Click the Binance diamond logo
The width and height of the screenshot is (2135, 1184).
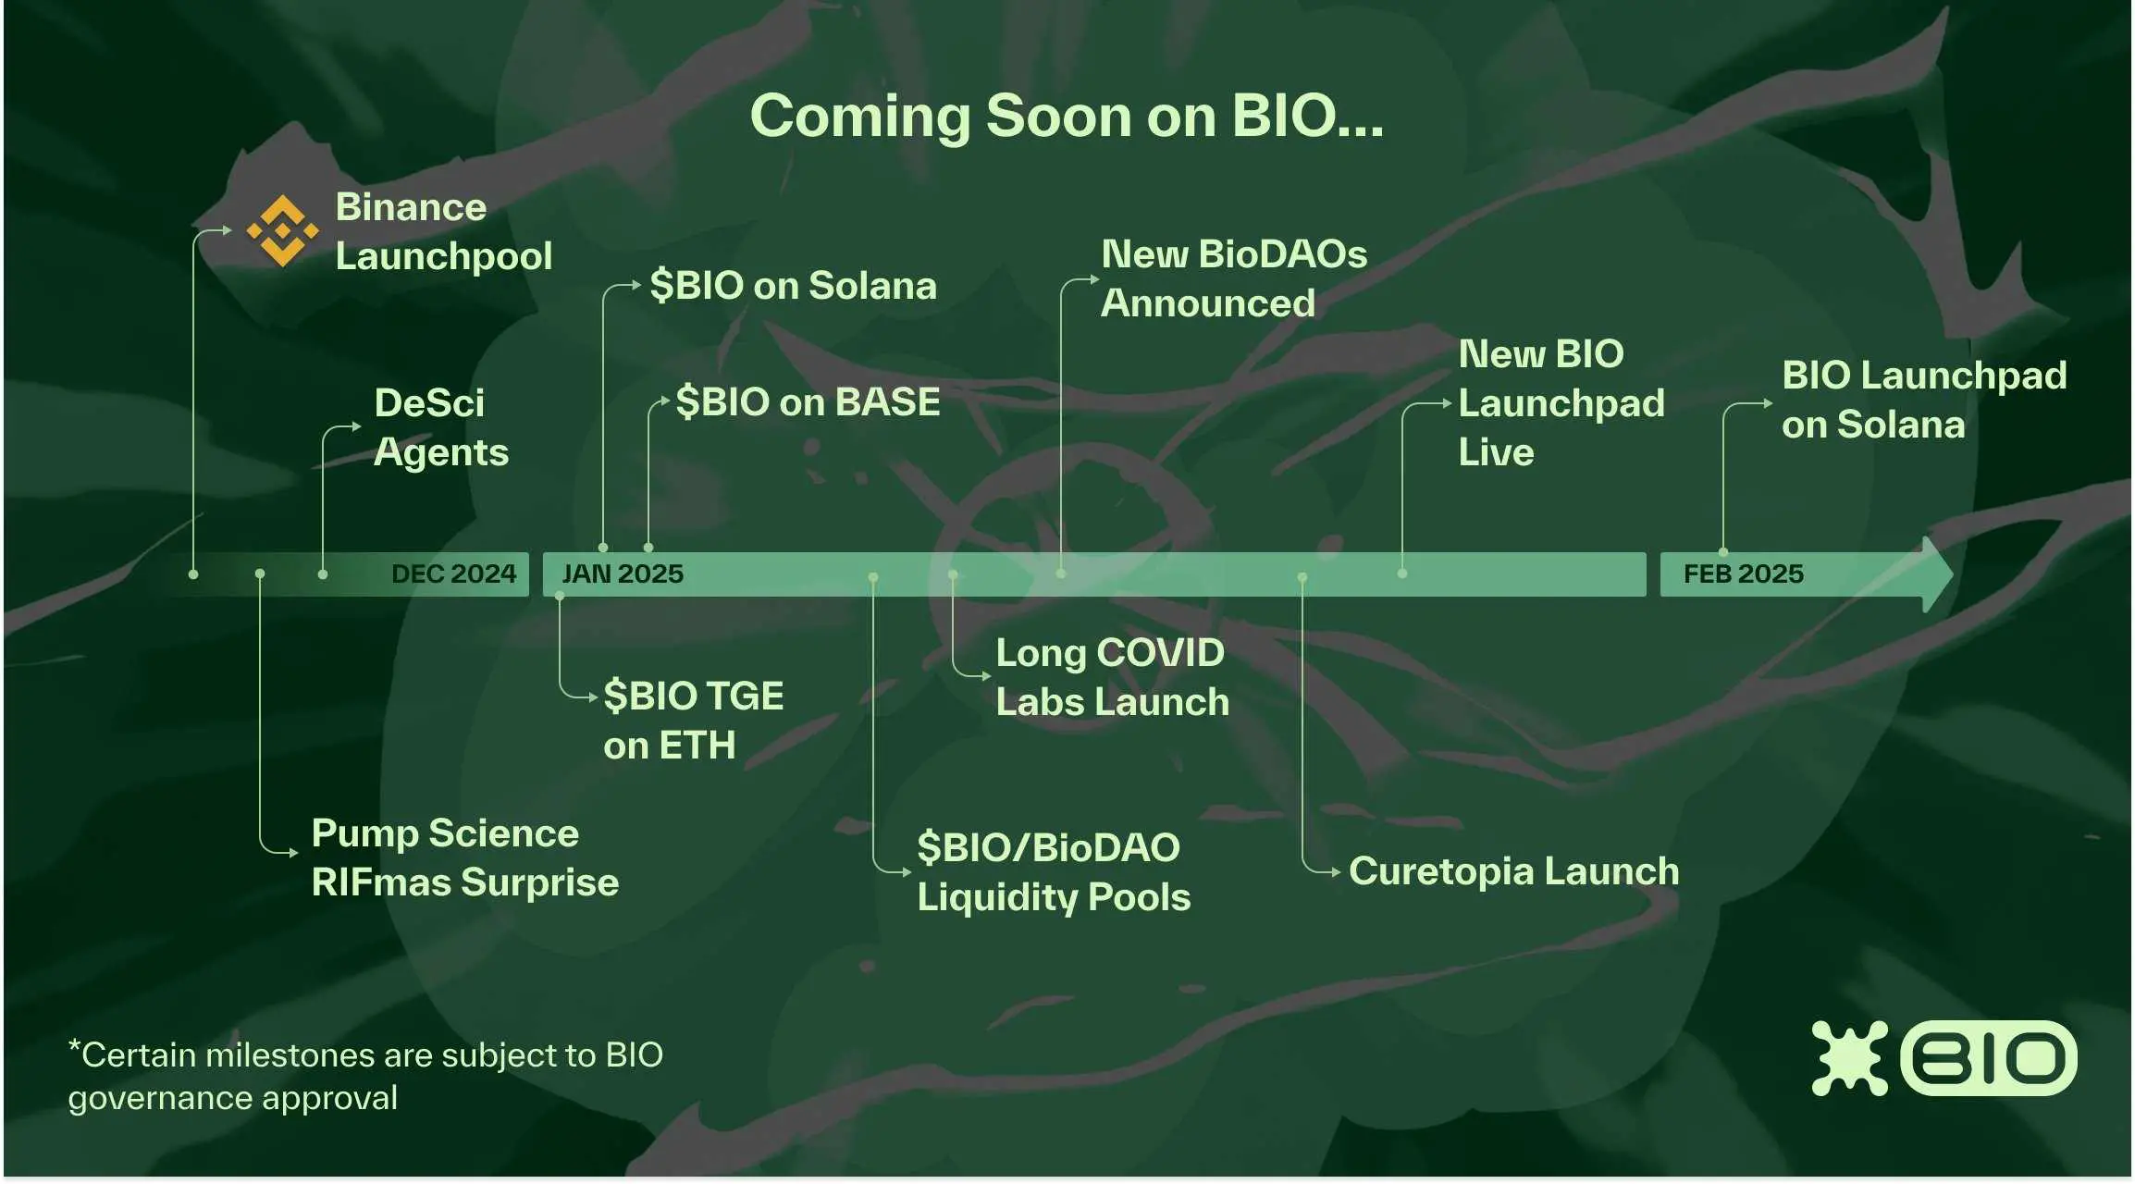point(283,230)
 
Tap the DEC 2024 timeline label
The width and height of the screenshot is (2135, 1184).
point(453,573)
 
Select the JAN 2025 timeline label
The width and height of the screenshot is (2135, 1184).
point(623,573)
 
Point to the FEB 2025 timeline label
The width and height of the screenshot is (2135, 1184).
point(1744,573)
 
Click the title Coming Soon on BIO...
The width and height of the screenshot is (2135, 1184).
point(1067,117)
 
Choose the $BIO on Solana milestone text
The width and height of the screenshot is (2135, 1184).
point(793,286)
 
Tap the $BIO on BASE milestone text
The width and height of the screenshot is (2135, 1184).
point(808,402)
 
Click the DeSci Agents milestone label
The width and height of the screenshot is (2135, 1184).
point(441,428)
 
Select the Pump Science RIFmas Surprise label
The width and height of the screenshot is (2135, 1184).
point(465,857)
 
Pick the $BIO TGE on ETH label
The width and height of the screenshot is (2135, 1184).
point(694,721)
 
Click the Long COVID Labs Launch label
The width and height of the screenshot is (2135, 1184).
point(1113,677)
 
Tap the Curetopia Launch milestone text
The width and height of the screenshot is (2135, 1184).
point(1514,871)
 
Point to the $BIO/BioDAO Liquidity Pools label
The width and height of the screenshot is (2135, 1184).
point(1054,872)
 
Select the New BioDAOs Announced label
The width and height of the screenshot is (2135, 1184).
point(1234,278)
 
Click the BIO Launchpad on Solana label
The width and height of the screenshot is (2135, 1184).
point(1924,400)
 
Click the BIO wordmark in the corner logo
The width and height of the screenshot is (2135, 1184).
point(1989,1058)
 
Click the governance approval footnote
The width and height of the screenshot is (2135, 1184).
point(365,1076)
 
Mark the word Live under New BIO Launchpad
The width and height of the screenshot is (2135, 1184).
point(1496,453)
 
